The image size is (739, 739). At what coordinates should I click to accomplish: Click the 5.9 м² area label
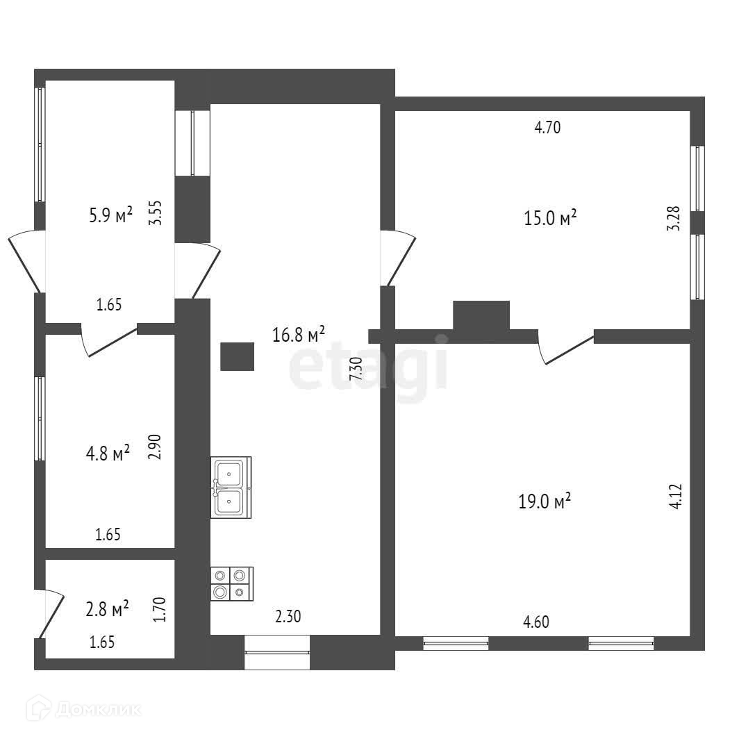[110, 216]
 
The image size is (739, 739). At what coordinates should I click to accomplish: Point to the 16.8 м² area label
[299, 335]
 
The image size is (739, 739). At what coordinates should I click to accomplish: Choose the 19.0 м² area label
[545, 501]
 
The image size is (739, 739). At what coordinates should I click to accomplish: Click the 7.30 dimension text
[356, 367]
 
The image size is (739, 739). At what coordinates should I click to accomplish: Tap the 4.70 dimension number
[547, 128]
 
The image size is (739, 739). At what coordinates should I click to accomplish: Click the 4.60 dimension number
[536, 622]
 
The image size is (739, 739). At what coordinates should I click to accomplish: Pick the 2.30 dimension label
[288, 615]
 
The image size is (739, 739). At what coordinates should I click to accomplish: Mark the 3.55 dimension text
[157, 213]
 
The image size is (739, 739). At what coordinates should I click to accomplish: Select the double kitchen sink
[231, 487]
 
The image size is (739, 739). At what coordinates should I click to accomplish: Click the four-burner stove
[231, 583]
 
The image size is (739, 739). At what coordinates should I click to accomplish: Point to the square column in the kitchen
[238, 356]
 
